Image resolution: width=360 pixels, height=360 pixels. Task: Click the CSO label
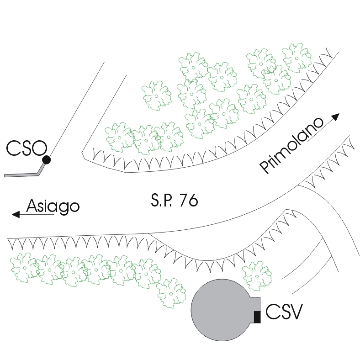pyautogui.click(x=26, y=148)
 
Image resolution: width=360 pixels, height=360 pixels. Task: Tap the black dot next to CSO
pyautogui.click(x=46, y=159)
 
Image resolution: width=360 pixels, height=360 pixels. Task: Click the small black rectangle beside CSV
pyautogui.click(x=257, y=317)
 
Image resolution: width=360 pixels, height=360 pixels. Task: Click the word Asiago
pyautogui.click(x=53, y=206)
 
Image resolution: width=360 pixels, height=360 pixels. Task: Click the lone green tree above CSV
pyautogui.click(x=256, y=275)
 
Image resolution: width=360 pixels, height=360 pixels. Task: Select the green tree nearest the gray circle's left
pyautogui.click(x=172, y=292)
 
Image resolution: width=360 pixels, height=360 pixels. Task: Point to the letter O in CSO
pyautogui.click(x=40, y=148)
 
